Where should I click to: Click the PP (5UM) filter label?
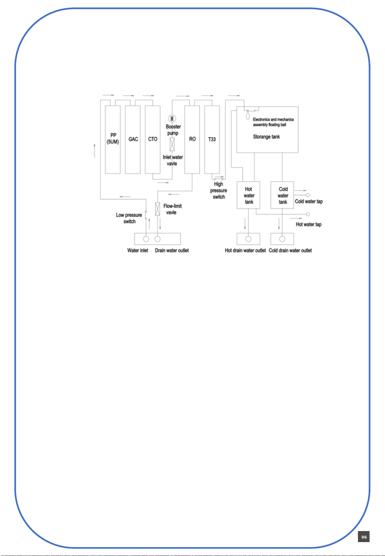pyautogui.click(x=113, y=139)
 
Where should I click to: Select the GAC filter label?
pyautogui.click(x=133, y=139)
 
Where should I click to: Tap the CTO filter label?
pyautogui.click(x=153, y=139)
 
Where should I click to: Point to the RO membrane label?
pyautogui.click(x=192, y=139)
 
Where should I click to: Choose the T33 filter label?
pyautogui.click(x=212, y=139)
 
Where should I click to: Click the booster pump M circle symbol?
pyautogui.click(x=172, y=118)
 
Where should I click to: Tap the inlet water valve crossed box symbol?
pyautogui.click(x=172, y=145)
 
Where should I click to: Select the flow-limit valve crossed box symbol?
pyautogui.click(x=157, y=209)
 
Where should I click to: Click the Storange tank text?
pyautogui.click(x=266, y=137)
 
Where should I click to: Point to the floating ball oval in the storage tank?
pyautogui.click(x=248, y=116)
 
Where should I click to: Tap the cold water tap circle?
pyautogui.click(x=308, y=195)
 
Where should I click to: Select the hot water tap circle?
pyautogui.click(x=308, y=214)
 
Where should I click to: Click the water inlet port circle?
pyautogui.click(x=146, y=239)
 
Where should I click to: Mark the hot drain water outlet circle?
pyautogui.click(x=248, y=239)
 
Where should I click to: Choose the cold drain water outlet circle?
pyautogui.click(x=282, y=239)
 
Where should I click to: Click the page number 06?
pyautogui.click(x=364, y=537)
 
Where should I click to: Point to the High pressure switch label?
pyautogui.click(x=218, y=191)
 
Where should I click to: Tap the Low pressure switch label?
pyautogui.click(x=129, y=218)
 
